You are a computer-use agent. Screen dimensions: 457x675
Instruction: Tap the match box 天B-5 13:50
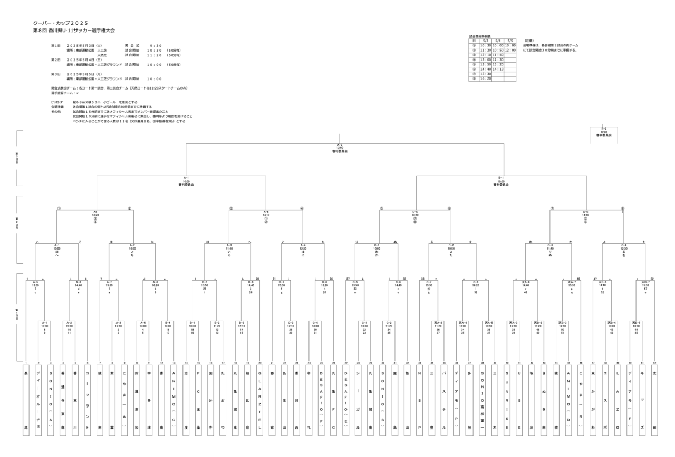coord(636,327)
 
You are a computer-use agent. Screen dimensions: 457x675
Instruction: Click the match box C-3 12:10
coord(291,327)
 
